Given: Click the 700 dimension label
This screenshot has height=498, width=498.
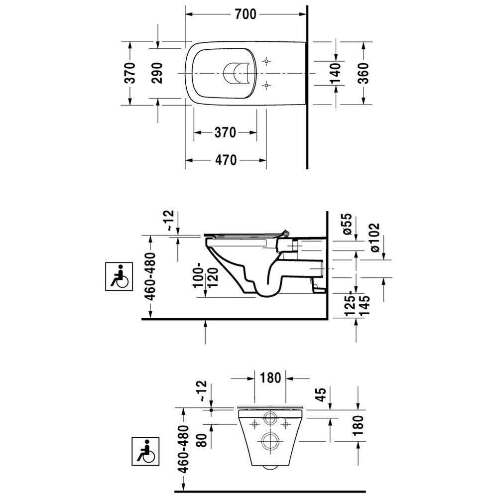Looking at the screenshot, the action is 246,14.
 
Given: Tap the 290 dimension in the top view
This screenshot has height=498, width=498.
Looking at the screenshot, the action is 157,73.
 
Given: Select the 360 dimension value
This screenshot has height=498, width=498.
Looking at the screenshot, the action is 364,73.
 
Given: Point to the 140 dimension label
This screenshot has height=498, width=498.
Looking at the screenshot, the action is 335,73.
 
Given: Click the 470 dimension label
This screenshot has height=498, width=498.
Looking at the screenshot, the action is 226,160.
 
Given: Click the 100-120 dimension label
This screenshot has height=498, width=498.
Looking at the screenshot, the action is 207,277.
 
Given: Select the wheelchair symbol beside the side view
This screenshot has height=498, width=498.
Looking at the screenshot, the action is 119,276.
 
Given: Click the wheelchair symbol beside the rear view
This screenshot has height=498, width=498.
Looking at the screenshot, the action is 145,451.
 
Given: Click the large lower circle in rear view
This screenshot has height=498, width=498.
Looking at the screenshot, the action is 270,441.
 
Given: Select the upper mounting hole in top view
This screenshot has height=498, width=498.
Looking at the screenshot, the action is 266,61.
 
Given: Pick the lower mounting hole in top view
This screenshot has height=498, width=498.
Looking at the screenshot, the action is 266,85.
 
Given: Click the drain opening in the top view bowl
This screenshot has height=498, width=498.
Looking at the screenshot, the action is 235,73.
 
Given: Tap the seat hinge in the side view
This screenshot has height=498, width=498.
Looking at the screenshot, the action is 286,234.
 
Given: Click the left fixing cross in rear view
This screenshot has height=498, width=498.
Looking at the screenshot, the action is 254,424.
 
